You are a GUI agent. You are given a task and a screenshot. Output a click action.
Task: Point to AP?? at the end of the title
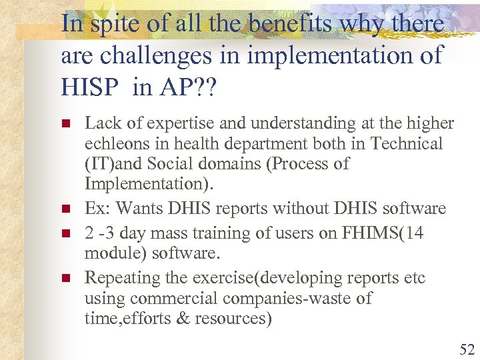click(x=194, y=87)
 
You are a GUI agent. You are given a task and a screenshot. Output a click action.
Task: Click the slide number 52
click(x=465, y=348)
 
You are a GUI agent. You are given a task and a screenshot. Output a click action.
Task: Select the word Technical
click(x=407, y=144)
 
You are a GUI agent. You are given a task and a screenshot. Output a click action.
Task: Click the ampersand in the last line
click(x=183, y=319)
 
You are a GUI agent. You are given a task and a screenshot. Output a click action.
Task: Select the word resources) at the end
click(x=233, y=319)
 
